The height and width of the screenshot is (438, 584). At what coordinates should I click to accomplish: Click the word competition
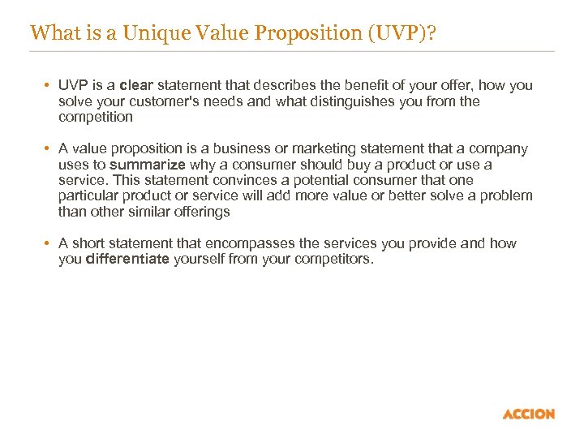[x=96, y=117]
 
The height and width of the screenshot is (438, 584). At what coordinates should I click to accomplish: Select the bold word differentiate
[x=127, y=260]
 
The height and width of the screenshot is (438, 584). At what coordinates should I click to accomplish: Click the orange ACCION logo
[x=529, y=414]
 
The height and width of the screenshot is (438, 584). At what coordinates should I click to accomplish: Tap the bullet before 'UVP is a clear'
[x=49, y=86]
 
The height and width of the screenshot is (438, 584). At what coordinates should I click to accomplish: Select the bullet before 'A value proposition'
[x=49, y=149]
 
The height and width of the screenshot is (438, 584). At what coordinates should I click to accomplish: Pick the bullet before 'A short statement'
[x=49, y=243]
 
